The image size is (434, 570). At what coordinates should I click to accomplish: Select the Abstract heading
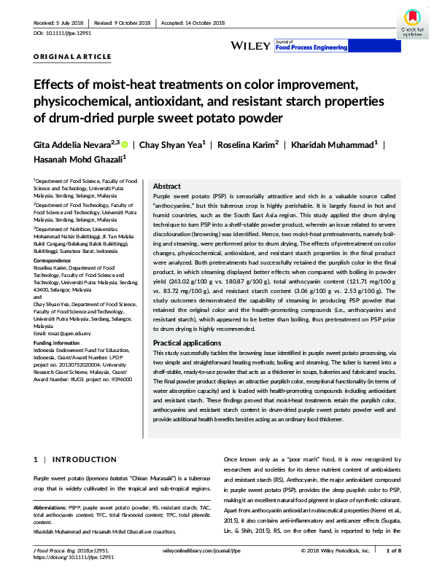pos(167,187)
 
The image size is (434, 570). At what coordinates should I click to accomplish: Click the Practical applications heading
pos(188,342)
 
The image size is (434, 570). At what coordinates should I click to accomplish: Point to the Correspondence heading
pos(53,259)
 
